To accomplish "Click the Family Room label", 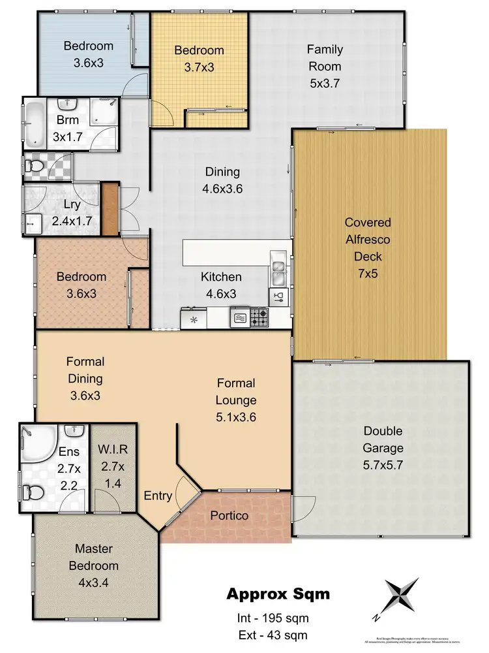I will (325, 66).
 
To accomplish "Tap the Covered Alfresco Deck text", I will (368, 247).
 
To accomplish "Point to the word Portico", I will (230, 515).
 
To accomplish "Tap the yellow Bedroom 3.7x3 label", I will (199, 59).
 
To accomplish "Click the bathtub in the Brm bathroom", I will (33, 123).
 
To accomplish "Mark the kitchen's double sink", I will (278, 272).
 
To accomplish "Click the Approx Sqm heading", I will (278, 594).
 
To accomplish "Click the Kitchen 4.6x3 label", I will (222, 285).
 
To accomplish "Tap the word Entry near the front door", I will (158, 496).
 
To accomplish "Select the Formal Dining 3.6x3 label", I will (85, 378).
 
